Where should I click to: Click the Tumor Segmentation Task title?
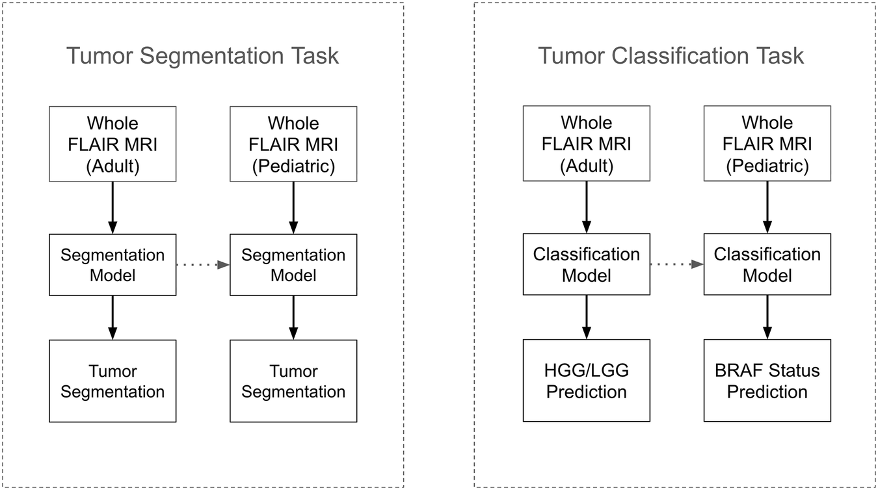click(x=202, y=56)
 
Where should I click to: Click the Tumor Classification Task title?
click(x=671, y=56)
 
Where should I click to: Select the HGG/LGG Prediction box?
click(x=587, y=381)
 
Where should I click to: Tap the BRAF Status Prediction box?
click(x=767, y=381)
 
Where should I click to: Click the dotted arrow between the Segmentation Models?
click(x=202, y=265)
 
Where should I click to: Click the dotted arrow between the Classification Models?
click(x=676, y=265)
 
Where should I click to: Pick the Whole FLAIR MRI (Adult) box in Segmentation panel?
click(x=113, y=144)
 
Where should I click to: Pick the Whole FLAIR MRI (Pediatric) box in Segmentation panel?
click(x=293, y=144)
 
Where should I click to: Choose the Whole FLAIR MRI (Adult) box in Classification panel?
click(x=587, y=144)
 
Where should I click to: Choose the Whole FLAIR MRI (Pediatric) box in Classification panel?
click(x=767, y=144)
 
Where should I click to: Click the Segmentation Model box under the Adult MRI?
click(x=113, y=265)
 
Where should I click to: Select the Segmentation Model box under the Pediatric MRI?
click(x=293, y=265)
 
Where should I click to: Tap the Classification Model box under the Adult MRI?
click(x=587, y=265)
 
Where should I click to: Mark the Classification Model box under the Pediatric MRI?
click(x=767, y=265)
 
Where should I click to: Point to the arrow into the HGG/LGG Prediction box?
click(x=587, y=317)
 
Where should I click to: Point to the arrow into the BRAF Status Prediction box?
click(x=767, y=317)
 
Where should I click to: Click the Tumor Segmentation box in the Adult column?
click(x=113, y=381)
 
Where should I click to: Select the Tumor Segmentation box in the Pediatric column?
click(x=293, y=381)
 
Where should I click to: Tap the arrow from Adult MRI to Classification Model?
click(x=587, y=207)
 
